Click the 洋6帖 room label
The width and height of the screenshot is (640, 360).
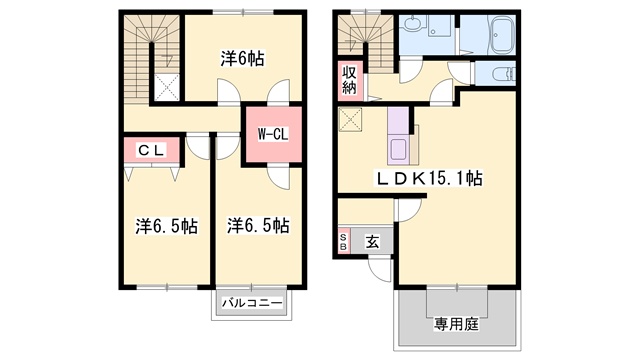coord(242,59)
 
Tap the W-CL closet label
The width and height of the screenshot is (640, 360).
coord(272,134)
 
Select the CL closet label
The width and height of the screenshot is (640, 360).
coord(151,151)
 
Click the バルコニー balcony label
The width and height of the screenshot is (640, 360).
coord(252,303)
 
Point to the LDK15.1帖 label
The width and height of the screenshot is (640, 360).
coord(429,178)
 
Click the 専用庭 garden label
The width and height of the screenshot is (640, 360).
coord(456,324)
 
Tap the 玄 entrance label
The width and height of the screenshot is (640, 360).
coord(372,242)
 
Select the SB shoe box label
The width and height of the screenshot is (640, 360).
coord(343,242)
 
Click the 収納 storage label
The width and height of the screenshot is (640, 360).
coord(349,80)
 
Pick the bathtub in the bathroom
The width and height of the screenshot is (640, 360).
coord(504,35)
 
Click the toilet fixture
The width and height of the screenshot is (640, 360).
coord(504,74)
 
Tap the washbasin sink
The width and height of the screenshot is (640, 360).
coord(413,22)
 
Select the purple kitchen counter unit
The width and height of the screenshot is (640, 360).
coord(398,136)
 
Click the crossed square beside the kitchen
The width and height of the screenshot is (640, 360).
coord(350,120)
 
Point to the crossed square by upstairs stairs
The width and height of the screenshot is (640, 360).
coord(167,87)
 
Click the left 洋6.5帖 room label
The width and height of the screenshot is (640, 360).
coord(167,226)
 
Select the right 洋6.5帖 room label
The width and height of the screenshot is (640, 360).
coord(258,225)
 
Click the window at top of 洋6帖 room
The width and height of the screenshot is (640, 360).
coord(243,12)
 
